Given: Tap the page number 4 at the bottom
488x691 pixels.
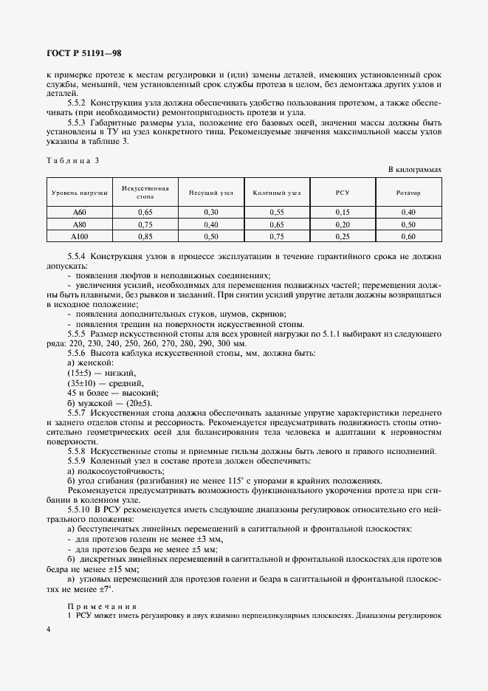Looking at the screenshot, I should (x=48, y=628).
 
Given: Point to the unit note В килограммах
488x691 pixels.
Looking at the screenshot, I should (x=415, y=170).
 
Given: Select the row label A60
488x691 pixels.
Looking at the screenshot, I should (x=80, y=213).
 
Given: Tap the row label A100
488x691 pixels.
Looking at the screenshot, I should (x=80, y=236).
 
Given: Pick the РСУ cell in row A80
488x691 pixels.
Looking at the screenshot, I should (x=342, y=224).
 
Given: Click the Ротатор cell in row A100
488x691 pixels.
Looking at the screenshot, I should (x=408, y=236).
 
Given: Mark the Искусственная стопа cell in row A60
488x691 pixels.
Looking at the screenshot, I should (x=145, y=213).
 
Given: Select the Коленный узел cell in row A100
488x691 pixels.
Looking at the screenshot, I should (x=276, y=236).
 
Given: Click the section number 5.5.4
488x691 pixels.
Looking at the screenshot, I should (x=78, y=256).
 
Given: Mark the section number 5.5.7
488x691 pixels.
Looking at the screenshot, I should (x=78, y=413).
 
